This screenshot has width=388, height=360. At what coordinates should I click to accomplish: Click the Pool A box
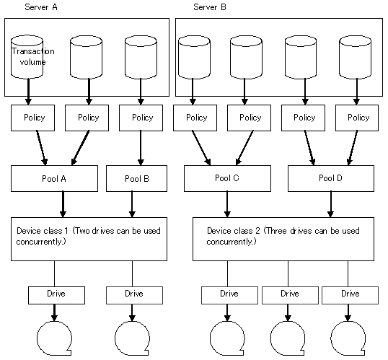pyautogui.click(x=54, y=178)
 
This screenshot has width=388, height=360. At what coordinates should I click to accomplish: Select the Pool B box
pyautogui.click(x=136, y=178)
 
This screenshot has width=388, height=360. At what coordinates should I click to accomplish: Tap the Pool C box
pyautogui.click(x=227, y=178)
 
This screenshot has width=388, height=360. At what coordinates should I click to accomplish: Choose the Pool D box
pyautogui.click(x=331, y=178)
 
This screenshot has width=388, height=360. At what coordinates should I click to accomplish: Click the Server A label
pyautogui.click(x=41, y=7)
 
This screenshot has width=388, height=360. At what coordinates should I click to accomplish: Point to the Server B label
pyautogui.click(x=210, y=7)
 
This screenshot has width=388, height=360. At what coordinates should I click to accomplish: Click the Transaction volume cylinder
pyautogui.click(x=27, y=57)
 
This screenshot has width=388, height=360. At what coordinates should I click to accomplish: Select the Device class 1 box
pyautogui.click(x=89, y=240)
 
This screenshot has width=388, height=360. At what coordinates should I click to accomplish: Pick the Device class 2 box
pyautogui.click(x=283, y=240)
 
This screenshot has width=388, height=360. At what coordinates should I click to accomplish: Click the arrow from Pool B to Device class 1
pyautogui.click(x=132, y=204)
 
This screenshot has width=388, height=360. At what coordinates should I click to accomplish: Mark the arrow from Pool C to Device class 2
pyautogui.click(x=227, y=204)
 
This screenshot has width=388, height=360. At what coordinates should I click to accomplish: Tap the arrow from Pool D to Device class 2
pyautogui.click(x=331, y=204)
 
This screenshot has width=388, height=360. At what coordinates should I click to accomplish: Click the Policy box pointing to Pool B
pyautogui.click(x=141, y=118)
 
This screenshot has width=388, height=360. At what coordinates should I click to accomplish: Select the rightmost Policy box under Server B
pyautogui.click(x=357, y=118)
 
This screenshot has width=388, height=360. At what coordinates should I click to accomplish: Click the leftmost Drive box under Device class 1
pyautogui.click(x=56, y=295)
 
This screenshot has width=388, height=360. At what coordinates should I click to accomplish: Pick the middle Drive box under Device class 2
pyautogui.click(x=290, y=295)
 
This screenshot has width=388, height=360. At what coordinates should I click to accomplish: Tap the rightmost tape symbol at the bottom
pyautogui.click(x=348, y=338)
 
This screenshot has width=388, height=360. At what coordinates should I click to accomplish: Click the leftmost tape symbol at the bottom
pyautogui.click(x=54, y=338)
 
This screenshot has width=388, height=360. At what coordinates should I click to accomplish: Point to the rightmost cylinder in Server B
pyautogui.click(x=355, y=57)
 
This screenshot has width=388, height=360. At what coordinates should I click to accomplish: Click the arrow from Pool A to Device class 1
pyautogui.click(x=63, y=204)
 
